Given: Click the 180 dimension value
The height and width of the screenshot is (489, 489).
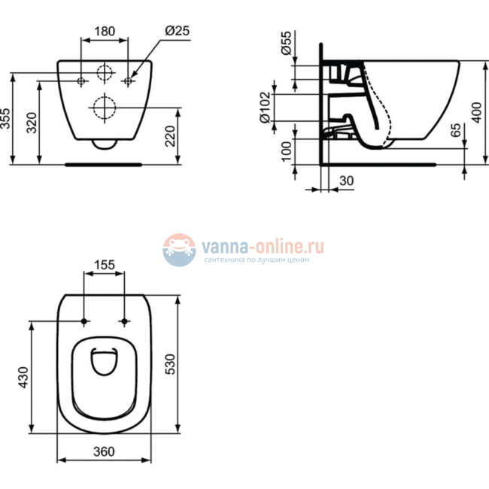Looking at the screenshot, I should point(105,32).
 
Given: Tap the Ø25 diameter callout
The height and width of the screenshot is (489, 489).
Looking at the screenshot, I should point(176,32).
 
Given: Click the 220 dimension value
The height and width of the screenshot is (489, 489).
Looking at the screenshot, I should point(171,136).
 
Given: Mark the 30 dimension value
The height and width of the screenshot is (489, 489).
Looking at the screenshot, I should point(346,181).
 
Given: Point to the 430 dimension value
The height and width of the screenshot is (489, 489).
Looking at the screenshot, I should point(24,378).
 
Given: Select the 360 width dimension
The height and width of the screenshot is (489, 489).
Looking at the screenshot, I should point(104,451).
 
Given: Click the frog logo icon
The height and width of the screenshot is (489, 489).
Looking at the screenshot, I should point(180,249).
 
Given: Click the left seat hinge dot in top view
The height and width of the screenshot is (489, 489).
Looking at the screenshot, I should point(84,322).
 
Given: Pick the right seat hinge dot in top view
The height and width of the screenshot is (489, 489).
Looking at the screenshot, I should point(123,322).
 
